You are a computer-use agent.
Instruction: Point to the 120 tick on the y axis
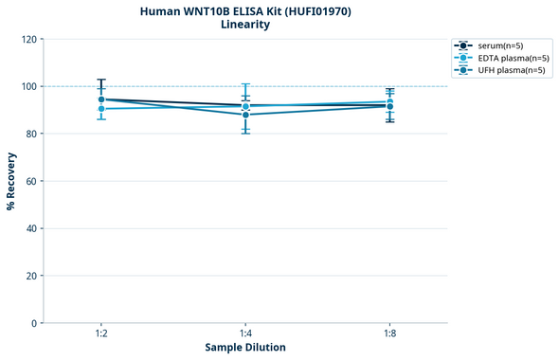pyautogui.click(x=27, y=39)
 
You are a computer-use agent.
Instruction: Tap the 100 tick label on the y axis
pyautogui.click(x=27, y=86)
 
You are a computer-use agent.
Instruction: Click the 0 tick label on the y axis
pyautogui.click(x=33, y=323)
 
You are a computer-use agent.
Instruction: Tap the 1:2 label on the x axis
pyautogui.click(x=101, y=334)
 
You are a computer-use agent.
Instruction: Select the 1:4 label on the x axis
pyautogui.click(x=245, y=334)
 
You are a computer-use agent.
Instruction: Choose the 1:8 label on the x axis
pyautogui.click(x=389, y=334)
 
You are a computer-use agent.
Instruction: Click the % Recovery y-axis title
pyautogui.click(x=11, y=181)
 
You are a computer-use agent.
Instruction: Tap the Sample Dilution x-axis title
pyautogui.click(x=245, y=348)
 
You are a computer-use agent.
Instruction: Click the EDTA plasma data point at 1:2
pyautogui.click(x=101, y=109)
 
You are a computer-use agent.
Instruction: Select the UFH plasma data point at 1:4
pyautogui.click(x=245, y=115)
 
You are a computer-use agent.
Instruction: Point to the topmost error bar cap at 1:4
pyautogui.click(x=245, y=84)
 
